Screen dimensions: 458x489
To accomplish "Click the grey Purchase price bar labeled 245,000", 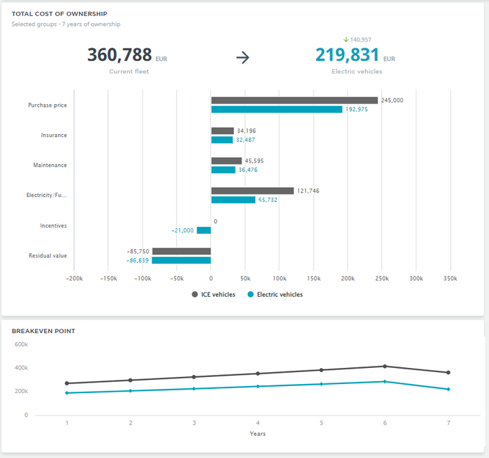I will pos(294,101).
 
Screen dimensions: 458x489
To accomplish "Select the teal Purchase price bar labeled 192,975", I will pos(277,110).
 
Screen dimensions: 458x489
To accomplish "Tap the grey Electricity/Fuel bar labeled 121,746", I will pos(252,191).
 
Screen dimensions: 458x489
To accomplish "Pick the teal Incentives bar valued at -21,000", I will pos(204,230).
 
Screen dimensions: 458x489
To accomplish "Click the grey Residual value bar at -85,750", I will pos(182,251).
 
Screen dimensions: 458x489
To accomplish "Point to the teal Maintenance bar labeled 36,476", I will pos(224,170).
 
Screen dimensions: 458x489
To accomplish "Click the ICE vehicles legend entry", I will pos(214,295).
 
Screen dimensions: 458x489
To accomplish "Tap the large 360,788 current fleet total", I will pos(119,56).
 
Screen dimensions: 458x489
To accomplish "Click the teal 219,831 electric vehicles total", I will pos(346,56).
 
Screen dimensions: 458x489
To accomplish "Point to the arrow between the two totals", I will pos(242,58).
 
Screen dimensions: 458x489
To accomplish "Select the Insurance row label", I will pos(54,135).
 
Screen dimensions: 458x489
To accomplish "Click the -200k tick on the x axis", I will pos(74,278).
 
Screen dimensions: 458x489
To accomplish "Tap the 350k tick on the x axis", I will pos(451,278).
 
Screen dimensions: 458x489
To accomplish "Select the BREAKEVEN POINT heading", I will pos(43,331).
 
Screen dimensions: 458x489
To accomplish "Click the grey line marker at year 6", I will pos(384,367).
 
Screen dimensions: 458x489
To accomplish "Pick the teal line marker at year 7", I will pos(448,389).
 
